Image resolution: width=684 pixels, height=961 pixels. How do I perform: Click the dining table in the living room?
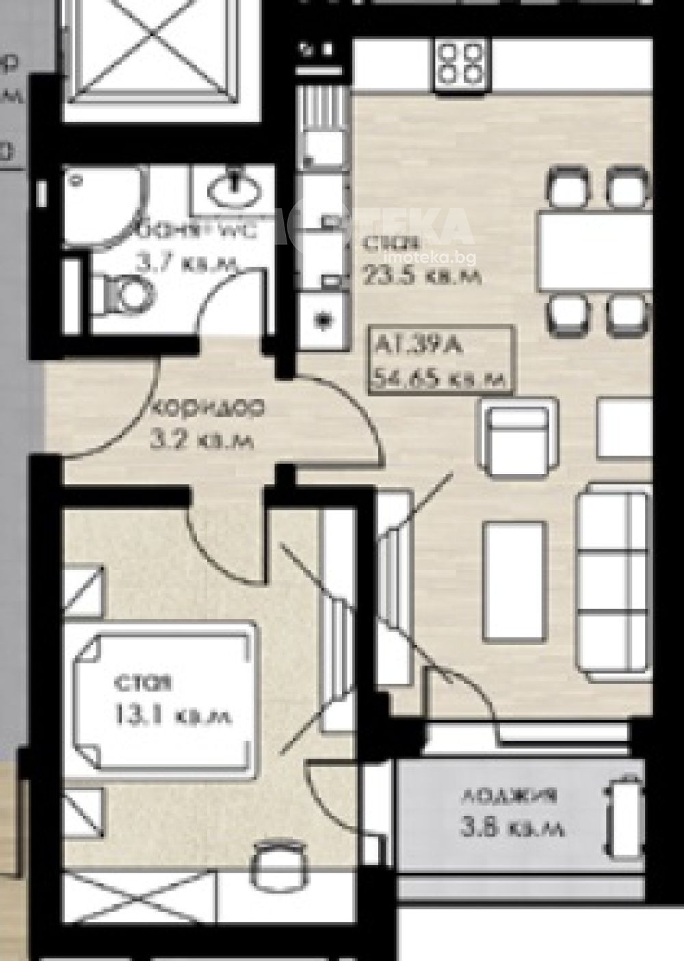[594, 251]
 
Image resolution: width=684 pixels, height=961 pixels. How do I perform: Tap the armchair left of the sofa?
[518, 441]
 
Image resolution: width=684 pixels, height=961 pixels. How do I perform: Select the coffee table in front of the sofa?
[514, 578]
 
